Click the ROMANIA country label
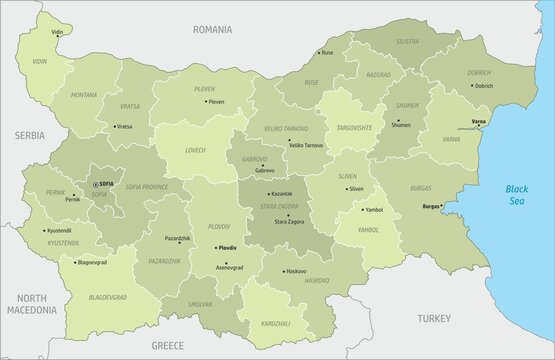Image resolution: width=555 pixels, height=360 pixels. (213, 30)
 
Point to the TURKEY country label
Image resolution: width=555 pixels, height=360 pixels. (435, 317)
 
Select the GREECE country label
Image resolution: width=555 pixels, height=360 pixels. (167, 344)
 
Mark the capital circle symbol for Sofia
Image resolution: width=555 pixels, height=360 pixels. (95, 185)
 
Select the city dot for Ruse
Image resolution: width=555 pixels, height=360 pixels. (318, 52)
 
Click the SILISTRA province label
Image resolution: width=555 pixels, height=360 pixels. (407, 42)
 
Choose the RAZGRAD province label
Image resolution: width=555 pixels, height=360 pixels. (378, 75)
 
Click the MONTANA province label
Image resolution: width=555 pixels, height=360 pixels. (84, 95)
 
